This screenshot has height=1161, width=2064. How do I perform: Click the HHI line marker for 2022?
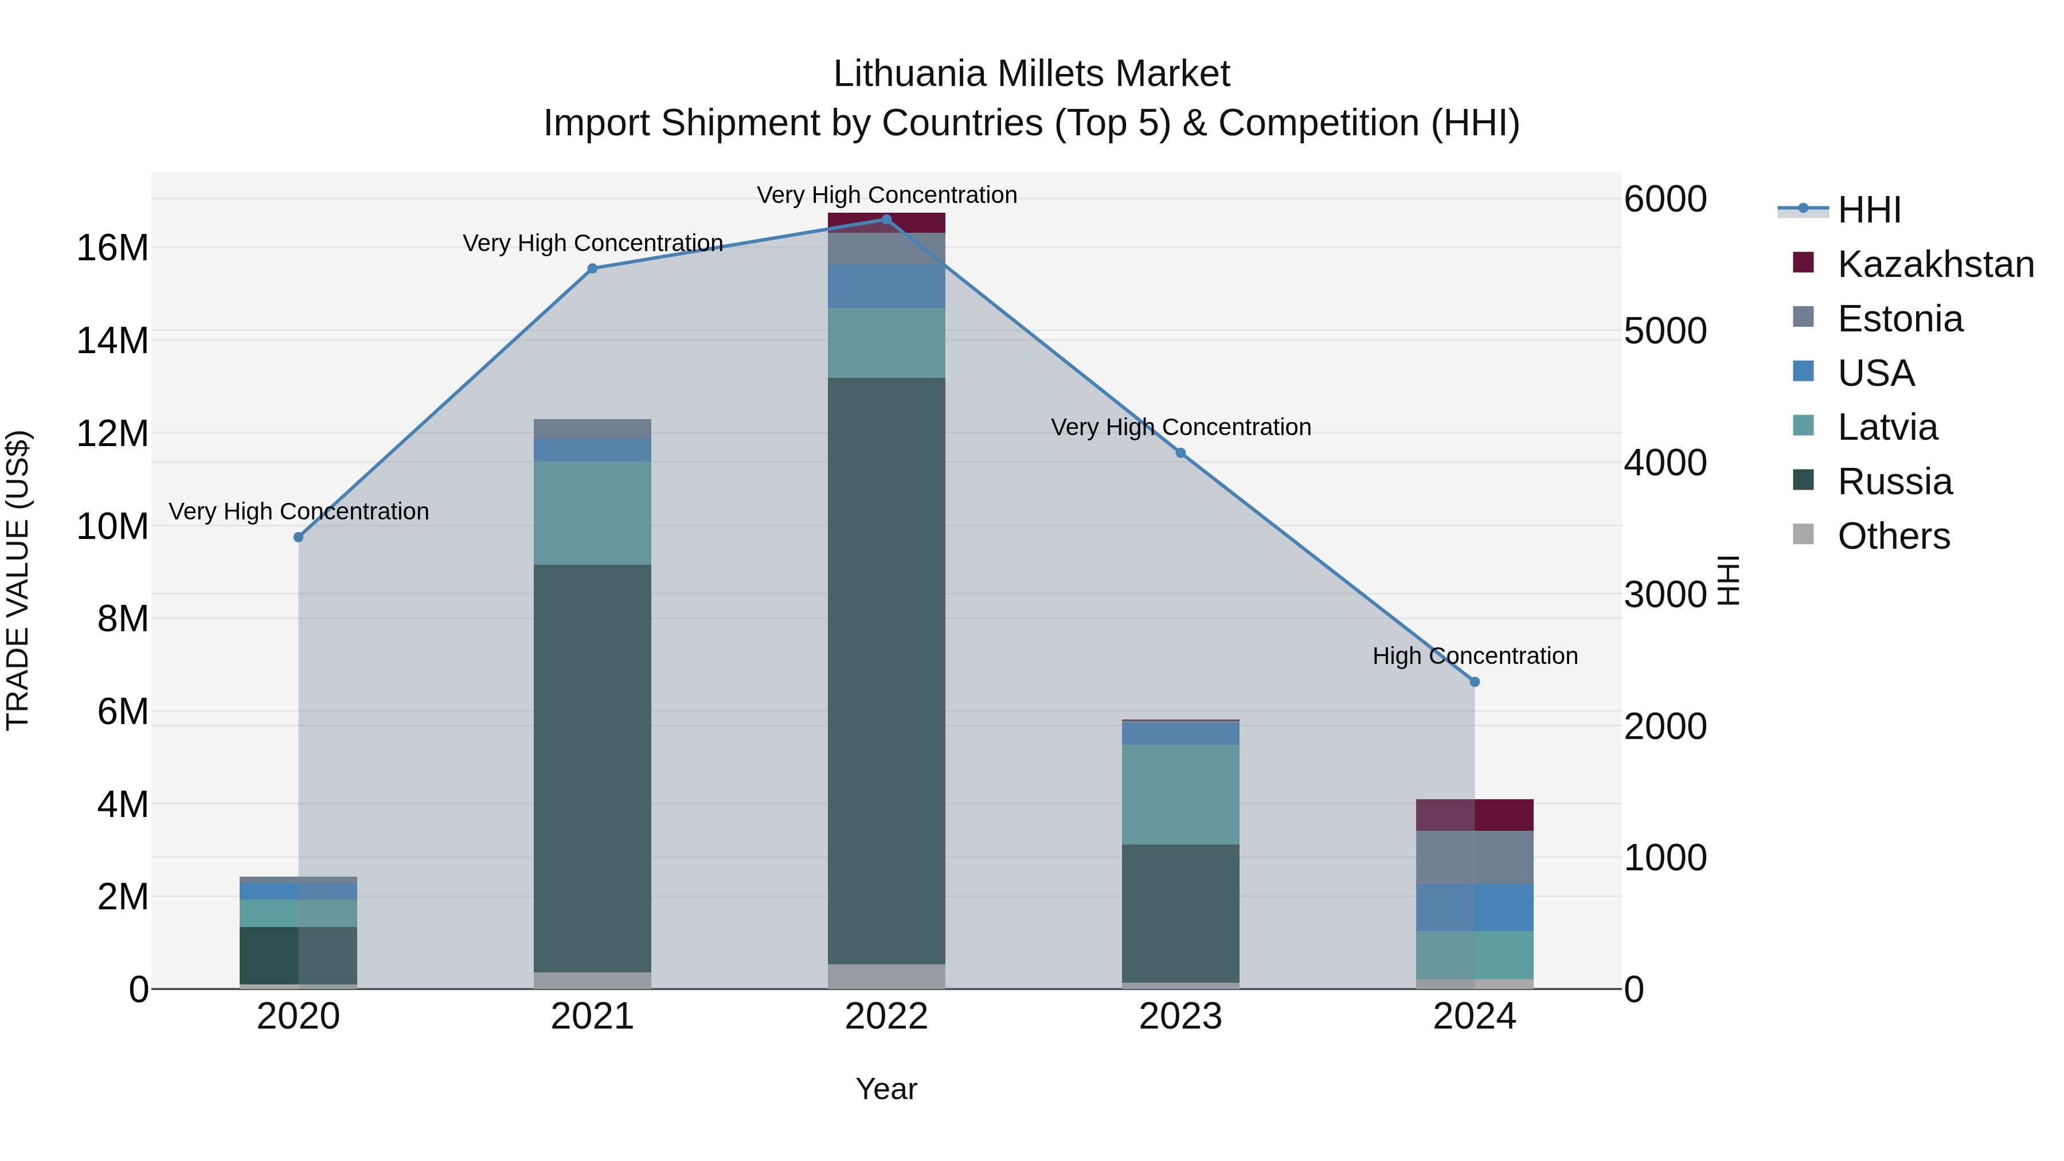(886, 220)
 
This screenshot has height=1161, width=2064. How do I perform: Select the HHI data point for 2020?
(298, 537)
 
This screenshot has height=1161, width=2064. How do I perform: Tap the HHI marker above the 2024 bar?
(1474, 682)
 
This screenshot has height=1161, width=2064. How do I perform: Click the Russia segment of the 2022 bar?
(886, 671)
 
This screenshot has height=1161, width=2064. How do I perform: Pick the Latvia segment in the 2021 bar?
(592, 513)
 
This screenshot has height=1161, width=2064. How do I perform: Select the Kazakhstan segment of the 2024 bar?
(1474, 815)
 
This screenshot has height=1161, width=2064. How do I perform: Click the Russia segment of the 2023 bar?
(1180, 913)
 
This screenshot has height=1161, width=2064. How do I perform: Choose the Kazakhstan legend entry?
(1935, 264)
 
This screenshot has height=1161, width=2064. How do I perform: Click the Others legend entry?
(1893, 536)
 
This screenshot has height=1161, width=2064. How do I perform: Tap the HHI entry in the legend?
(1868, 210)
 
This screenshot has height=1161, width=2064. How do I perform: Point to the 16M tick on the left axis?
(112, 248)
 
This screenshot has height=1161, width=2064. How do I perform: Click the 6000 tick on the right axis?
(1666, 199)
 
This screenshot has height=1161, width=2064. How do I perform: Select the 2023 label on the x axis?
(1180, 1017)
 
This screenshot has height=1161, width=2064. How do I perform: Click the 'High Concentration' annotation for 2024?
(1474, 655)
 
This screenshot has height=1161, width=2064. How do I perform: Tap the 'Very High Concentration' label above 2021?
(592, 243)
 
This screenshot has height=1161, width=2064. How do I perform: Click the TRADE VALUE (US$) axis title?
(18, 580)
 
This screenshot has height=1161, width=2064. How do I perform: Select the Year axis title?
(886, 1089)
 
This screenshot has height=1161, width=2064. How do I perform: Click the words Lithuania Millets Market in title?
(1031, 74)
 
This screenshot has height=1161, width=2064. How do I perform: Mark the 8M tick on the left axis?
(123, 619)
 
